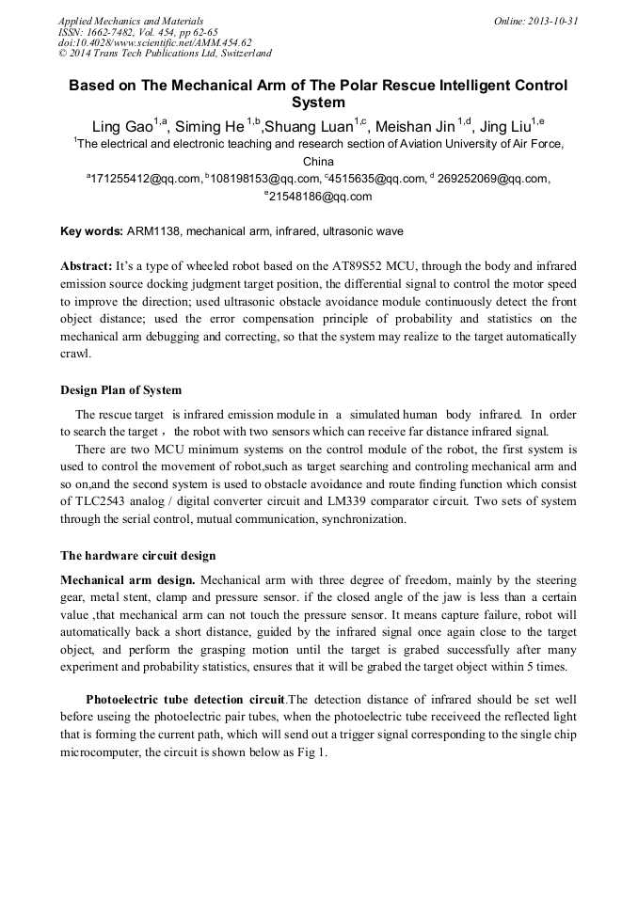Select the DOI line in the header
point(154,42)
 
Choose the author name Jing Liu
point(505,127)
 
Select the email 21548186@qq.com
point(321,197)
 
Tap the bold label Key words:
point(91,231)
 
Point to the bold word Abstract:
point(87,266)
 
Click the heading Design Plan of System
point(120,389)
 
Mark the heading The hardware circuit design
point(138,555)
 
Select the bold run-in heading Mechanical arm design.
point(128,580)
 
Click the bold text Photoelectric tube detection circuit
point(184,700)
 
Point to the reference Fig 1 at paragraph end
point(311,753)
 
